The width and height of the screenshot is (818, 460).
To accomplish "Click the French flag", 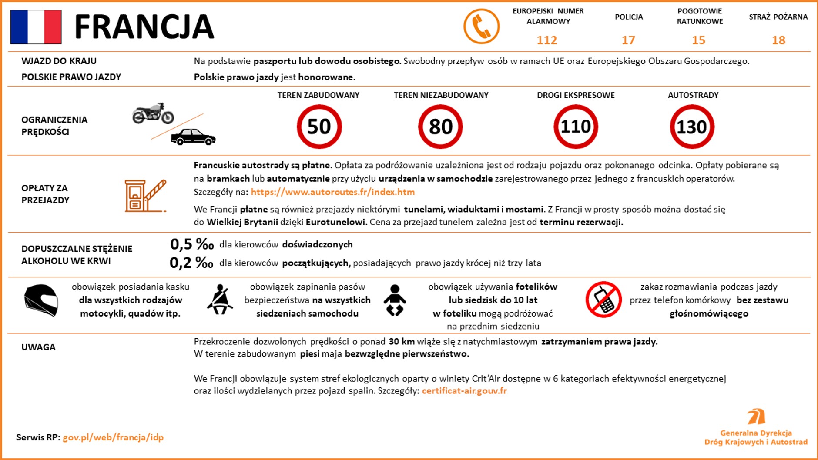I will [36, 27].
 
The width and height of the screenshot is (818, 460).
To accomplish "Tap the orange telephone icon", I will [481, 27].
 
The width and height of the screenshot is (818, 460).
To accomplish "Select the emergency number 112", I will [547, 40].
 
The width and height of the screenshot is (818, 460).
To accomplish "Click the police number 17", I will [628, 40].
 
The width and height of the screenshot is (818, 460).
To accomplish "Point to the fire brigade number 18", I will [778, 40].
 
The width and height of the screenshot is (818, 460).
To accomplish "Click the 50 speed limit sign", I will [319, 127].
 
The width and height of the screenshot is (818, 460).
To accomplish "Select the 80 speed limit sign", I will [440, 127].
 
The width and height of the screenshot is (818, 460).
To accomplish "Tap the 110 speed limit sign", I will [576, 127].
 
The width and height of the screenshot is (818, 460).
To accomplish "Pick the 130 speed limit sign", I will [692, 127].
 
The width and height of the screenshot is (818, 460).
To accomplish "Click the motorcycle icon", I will [153, 113].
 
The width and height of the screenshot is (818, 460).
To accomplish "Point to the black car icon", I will [193, 137].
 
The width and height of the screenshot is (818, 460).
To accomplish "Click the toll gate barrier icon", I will [145, 196].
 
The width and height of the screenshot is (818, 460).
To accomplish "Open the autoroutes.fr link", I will [332, 192].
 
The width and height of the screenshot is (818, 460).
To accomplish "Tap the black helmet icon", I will [41, 300].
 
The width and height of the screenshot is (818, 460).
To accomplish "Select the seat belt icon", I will [220, 300].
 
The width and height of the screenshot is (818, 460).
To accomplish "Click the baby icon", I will [395, 300].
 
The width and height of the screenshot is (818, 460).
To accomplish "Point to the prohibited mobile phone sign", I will [603, 300].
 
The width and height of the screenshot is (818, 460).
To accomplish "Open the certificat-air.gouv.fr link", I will [464, 390].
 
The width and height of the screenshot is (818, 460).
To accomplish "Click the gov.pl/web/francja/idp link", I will [113, 437].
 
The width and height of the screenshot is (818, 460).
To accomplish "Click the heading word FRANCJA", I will [144, 27].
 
